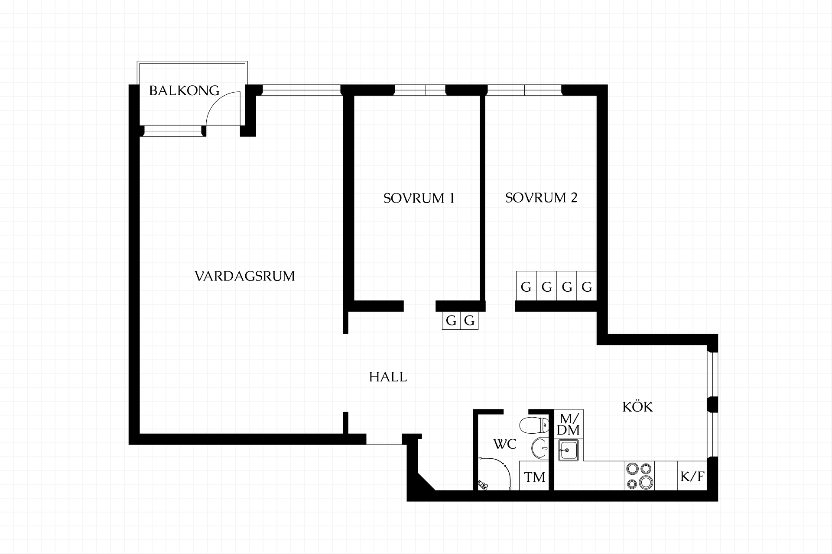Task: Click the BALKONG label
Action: click(x=184, y=90)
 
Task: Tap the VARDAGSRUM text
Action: click(x=245, y=276)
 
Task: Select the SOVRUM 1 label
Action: click(x=419, y=198)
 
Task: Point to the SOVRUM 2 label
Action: click(x=541, y=198)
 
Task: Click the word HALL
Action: click(x=388, y=377)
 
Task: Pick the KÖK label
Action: click(x=637, y=406)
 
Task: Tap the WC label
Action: click(x=505, y=444)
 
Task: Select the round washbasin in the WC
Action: click(x=539, y=448)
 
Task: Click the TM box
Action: click(x=534, y=476)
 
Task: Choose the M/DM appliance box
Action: click(x=569, y=424)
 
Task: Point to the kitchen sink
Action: click(x=569, y=450)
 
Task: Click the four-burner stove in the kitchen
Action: click(x=640, y=476)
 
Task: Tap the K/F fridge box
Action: click(x=692, y=476)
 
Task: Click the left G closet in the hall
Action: click(x=451, y=321)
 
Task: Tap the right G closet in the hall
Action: click(x=469, y=321)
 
